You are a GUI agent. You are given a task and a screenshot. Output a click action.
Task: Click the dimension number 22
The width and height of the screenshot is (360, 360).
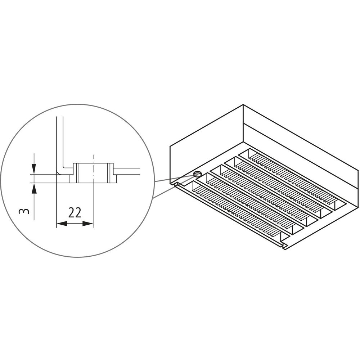[75, 213]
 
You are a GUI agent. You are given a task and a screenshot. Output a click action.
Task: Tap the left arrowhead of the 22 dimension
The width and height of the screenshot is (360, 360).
[62, 224]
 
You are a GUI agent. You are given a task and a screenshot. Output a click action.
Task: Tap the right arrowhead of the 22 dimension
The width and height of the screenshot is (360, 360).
[88, 224]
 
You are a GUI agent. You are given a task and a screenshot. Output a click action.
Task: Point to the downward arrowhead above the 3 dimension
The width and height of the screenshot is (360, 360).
[34, 169]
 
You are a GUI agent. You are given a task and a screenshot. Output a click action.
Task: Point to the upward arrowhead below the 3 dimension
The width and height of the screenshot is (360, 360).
[34, 188]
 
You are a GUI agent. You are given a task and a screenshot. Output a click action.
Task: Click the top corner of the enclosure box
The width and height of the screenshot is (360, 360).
[243, 105]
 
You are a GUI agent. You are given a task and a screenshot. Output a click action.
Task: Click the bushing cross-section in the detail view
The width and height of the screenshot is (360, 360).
[93, 173]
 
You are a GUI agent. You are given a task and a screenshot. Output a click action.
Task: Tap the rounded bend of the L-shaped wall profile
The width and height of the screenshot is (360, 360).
[60, 171]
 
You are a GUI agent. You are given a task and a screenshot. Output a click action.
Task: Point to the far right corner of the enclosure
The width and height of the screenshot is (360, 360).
[358, 170]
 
